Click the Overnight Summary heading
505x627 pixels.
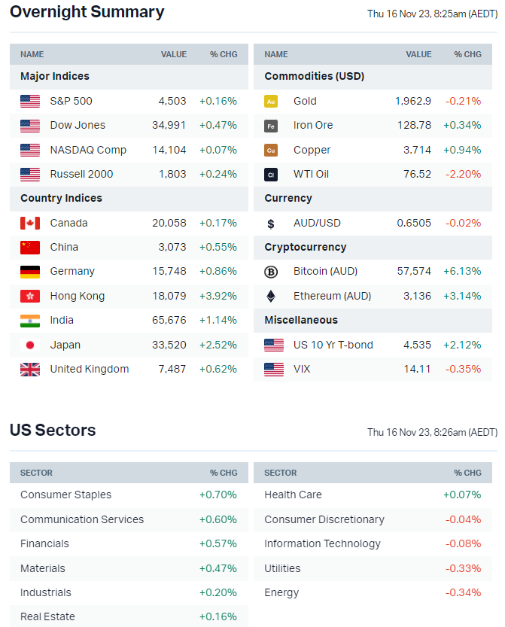[87, 12]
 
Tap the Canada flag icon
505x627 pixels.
[30, 223]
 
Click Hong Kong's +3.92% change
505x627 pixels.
[218, 296]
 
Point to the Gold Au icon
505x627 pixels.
[271, 101]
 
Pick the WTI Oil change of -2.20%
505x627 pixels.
[463, 174]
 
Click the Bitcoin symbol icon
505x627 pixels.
[271, 272]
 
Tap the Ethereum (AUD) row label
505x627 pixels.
[332, 296]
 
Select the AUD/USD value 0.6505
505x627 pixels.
[414, 223]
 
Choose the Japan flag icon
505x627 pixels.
[30, 345]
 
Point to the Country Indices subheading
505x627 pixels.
[61, 198]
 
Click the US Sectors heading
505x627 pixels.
[53, 431]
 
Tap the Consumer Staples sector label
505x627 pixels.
[65, 495]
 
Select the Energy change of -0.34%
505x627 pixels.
[463, 592]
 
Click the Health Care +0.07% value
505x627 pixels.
[463, 495]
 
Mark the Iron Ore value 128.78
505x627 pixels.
[414, 125]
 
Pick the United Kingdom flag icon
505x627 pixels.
[30, 369]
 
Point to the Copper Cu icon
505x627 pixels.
[271, 150]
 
